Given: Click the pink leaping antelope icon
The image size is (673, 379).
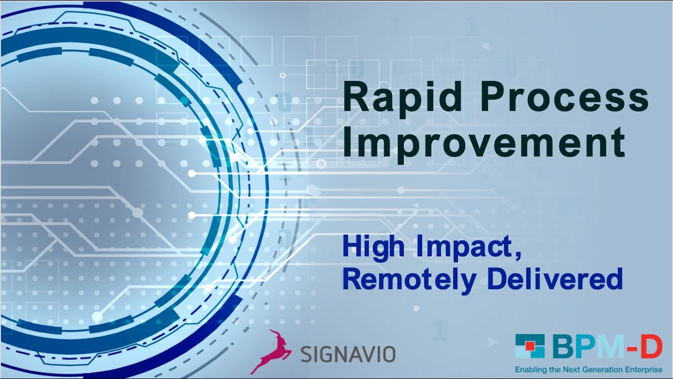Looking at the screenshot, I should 271,352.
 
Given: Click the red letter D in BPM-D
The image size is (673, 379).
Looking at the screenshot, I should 651,347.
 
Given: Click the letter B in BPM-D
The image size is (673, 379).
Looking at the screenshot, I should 564,347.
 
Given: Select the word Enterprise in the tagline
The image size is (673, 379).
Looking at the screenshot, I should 645,370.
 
